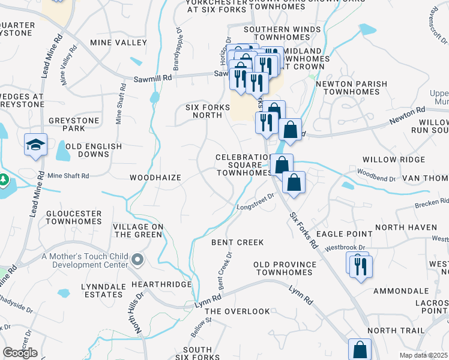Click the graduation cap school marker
click(36, 145)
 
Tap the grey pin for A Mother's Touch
click(137, 260)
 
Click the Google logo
click(20, 353)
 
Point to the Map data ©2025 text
click(423, 355)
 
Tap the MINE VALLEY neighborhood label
click(118, 43)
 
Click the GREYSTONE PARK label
click(83, 124)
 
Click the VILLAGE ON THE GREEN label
click(137, 230)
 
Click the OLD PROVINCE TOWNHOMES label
click(285, 268)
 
